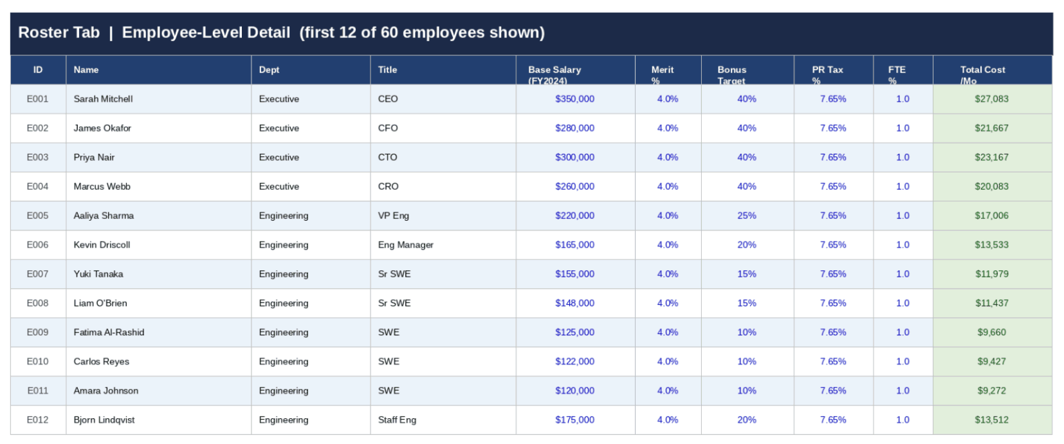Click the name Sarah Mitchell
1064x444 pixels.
pos(103,99)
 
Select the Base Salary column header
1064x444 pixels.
pos(554,70)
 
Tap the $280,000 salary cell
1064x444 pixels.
pos(574,128)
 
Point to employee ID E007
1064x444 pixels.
pos(37,274)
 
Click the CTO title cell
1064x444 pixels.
pos(387,158)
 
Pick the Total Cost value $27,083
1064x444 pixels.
pos(991,99)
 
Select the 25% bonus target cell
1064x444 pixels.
pos(746,216)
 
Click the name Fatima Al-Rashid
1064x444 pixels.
pos(109,333)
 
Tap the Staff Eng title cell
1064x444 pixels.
pos(397,420)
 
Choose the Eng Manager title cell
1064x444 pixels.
pos(405,245)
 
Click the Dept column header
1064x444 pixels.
pos(269,70)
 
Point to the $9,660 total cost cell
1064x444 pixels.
pos(991,333)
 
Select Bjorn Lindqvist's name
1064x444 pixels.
pos(104,420)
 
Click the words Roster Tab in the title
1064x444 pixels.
pos(59,33)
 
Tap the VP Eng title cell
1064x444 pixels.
pos(393,216)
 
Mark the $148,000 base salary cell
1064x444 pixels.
pos(574,303)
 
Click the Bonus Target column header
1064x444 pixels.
pos(732,70)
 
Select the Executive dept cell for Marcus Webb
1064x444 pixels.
pos(279,187)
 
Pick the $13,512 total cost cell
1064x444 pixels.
pos(991,420)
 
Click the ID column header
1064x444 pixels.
pos(38,70)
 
